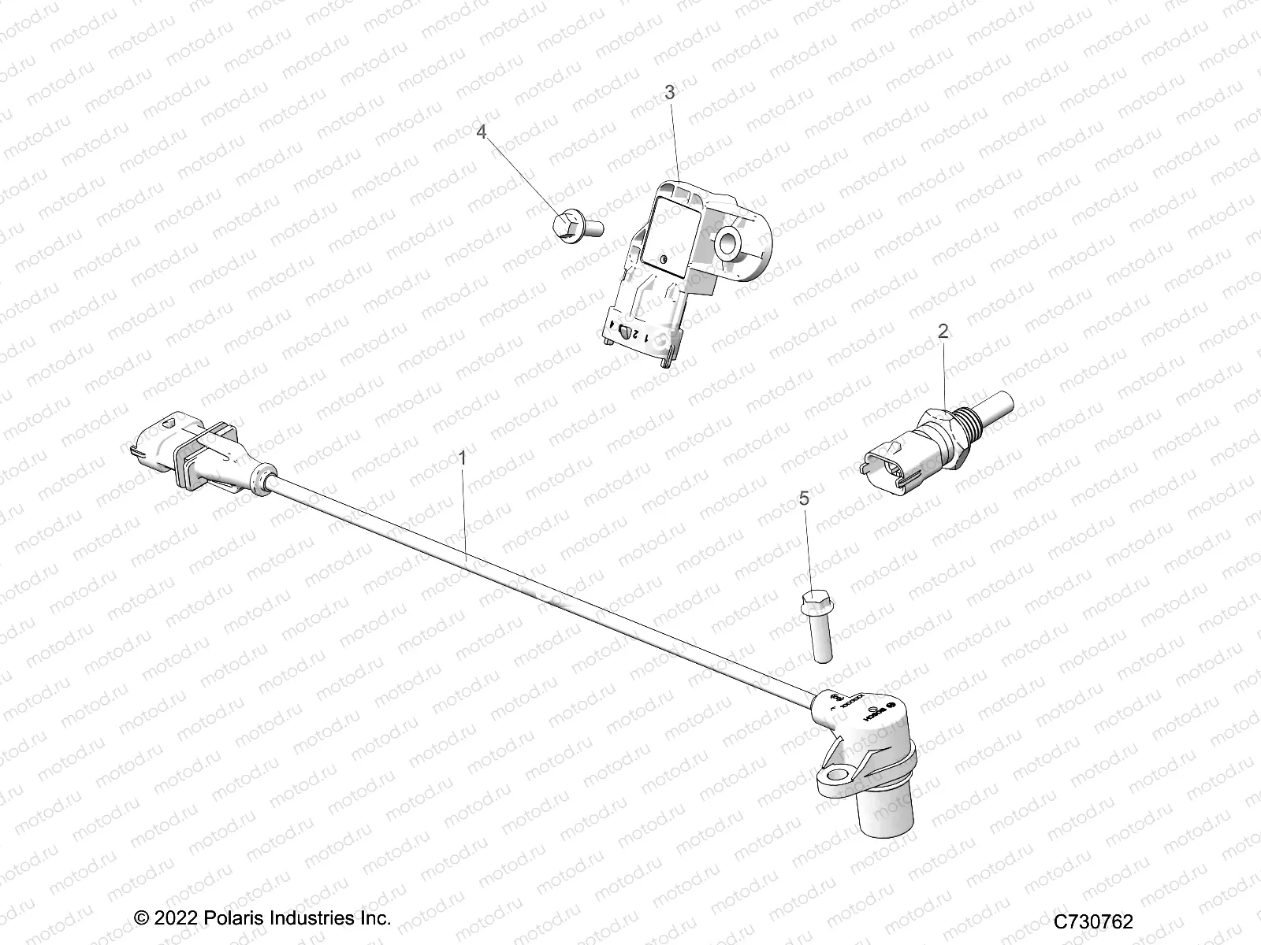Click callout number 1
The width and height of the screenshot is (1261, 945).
click(463, 458)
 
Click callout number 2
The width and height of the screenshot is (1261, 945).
click(943, 332)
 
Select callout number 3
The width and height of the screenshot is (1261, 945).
click(669, 93)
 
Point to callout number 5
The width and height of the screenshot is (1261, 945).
click(803, 498)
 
